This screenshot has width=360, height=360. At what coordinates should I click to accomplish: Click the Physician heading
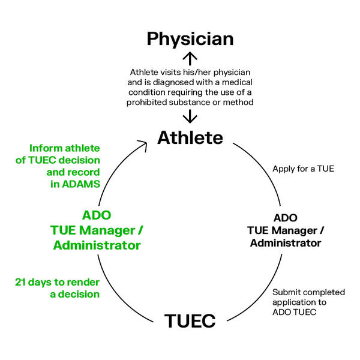pos(190,40)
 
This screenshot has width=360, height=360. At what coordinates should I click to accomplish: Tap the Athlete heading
pos(190,137)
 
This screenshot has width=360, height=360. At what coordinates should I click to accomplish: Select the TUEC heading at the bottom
pos(190,321)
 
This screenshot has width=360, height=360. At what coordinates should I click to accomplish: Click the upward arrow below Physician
pos(190,59)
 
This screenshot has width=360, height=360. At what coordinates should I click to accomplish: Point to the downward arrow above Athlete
pos(190,116)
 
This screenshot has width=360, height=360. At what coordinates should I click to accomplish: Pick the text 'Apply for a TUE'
pos(303,169)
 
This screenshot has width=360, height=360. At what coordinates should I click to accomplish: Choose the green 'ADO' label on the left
pos(97,215)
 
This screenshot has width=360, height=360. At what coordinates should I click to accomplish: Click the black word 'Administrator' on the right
pos(285,243)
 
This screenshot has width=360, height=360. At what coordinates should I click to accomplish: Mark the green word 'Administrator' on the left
pos(97,245)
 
